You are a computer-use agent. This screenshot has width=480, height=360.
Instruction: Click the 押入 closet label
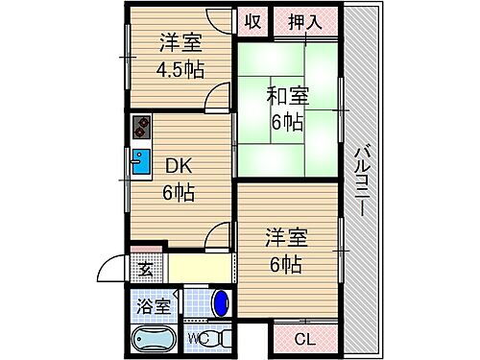[304, 21]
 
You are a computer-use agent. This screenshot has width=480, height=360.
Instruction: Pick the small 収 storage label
[252, 21]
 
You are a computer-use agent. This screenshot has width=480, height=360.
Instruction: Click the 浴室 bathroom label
[155, 307]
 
